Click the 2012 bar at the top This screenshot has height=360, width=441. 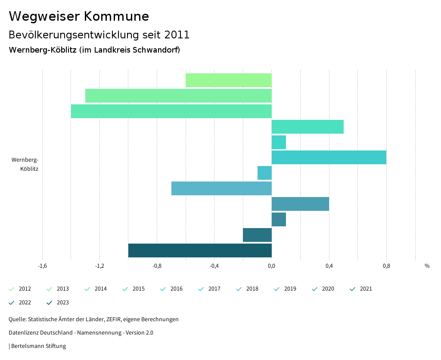click(228, 80)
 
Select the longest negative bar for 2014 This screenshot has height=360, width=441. click(171, 111)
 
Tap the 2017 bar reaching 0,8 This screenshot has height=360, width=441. click(329, 157)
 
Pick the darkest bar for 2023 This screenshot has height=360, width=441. click(200, 250)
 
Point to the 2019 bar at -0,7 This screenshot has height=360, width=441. click(221, 188)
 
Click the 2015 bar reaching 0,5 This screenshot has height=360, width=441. click(307, 127)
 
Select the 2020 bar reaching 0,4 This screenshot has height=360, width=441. click(300, 204)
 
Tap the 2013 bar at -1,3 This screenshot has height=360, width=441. click(178, 96)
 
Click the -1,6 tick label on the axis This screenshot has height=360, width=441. click(42, 266)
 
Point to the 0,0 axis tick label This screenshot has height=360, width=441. click(272, 266)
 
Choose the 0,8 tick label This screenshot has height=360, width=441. click(386, 266)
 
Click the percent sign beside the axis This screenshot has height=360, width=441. click(427, 266)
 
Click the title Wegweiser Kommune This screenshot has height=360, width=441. click(79, 16)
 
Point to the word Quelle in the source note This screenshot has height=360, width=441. click(17, 319)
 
